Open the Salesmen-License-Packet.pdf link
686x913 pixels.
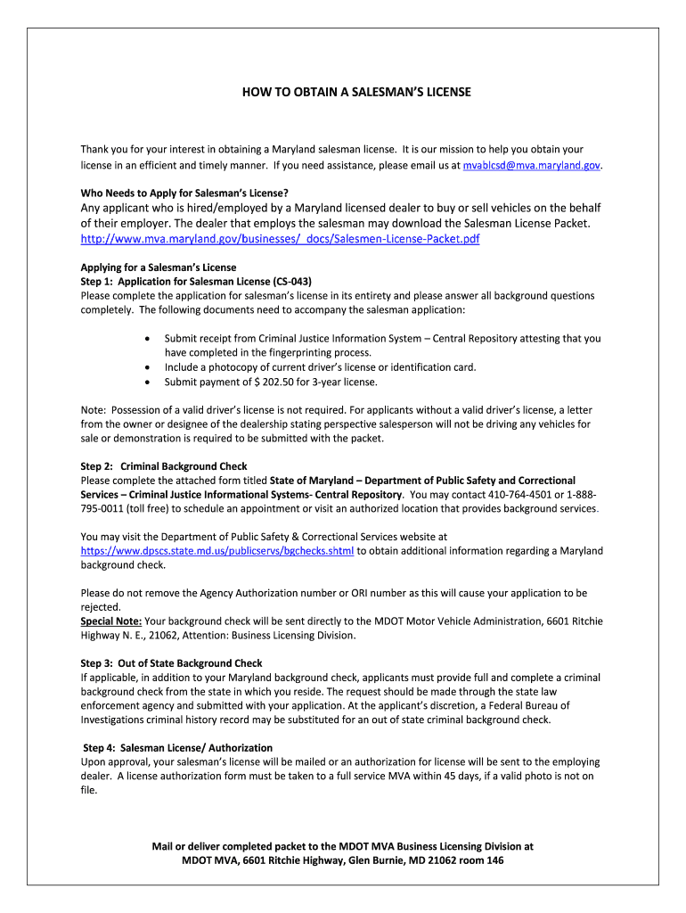coord(280,239)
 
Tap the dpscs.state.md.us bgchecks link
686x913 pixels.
coord(217,551)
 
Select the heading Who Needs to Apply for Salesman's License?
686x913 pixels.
coord(185,193)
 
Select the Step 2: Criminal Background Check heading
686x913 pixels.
coord(164,466)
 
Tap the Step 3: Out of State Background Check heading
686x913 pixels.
coord(171,663)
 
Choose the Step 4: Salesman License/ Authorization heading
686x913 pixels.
coord(177,747)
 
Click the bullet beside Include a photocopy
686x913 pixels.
coord(146,367)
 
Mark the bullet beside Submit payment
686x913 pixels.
coord(146,382)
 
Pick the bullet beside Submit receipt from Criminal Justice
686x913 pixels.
coord(146,339)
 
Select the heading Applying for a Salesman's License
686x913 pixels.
coord(159,267)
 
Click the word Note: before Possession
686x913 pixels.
coord(94,410)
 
